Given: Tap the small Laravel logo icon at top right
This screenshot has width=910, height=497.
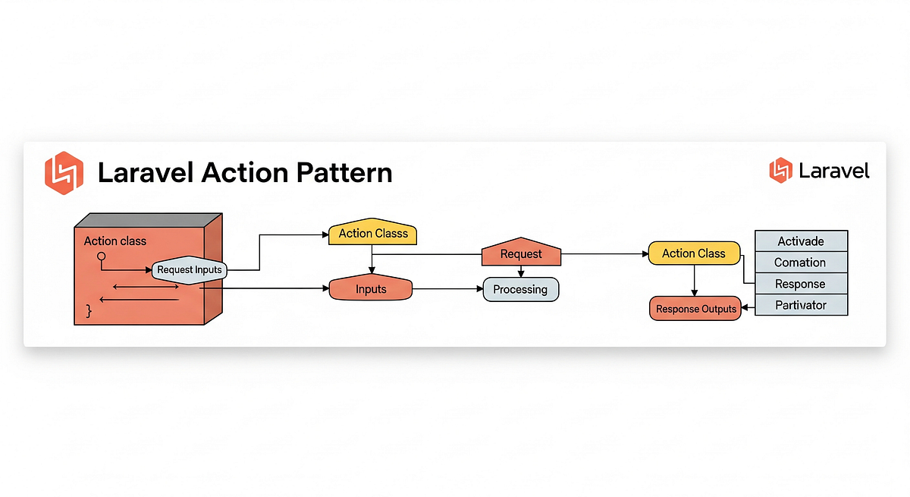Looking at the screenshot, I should pyautogui.click(x=780, y=170).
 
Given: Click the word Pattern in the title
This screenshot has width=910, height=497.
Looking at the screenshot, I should pyautogui.click(x=344, y=173).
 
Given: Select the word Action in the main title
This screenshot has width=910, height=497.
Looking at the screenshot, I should pyautogui.click(x=245, y=173).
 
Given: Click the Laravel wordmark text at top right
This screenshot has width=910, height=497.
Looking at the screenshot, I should pyautogui.click(x=834, y=171).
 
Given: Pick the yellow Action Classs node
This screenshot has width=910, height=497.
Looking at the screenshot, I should pyautogui.click(x=372, y=233).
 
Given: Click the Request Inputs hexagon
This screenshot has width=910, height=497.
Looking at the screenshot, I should pyautogui.click(x=190, y=269).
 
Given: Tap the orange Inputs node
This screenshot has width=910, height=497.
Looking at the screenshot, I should pyautogui.click(x=371, y=289).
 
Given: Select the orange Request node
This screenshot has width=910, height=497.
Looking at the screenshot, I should pyautogui.click(x=521, y=254).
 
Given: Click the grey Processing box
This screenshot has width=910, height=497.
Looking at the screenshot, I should pyautogui.click(x=520, y=289).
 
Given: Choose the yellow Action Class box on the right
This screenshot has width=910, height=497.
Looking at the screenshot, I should pyautogui.click(x=693, y=253).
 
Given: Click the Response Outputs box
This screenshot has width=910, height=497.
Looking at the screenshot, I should pyautogui.click(x=696, y=309).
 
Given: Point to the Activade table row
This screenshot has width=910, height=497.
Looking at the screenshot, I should pyautogui.click(x=801, y=241).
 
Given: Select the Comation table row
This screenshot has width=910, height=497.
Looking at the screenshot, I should pyautogui.click(x=801, y=263).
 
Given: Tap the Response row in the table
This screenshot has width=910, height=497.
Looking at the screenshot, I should pyautogui.click(x=801, y=284).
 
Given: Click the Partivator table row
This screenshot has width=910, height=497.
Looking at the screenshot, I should pyautogui.click(x=801, y=305).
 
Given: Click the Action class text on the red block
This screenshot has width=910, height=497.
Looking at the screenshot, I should pyautogui.click(x=115, y=241).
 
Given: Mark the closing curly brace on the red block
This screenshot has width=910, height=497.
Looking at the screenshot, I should pyautogui.click(x=89, y=310).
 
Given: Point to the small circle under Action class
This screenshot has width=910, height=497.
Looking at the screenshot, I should pyautogui.click(x=101, y=256).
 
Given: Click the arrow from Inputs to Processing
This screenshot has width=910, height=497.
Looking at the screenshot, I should pyautogui.click(x=447, y=289).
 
